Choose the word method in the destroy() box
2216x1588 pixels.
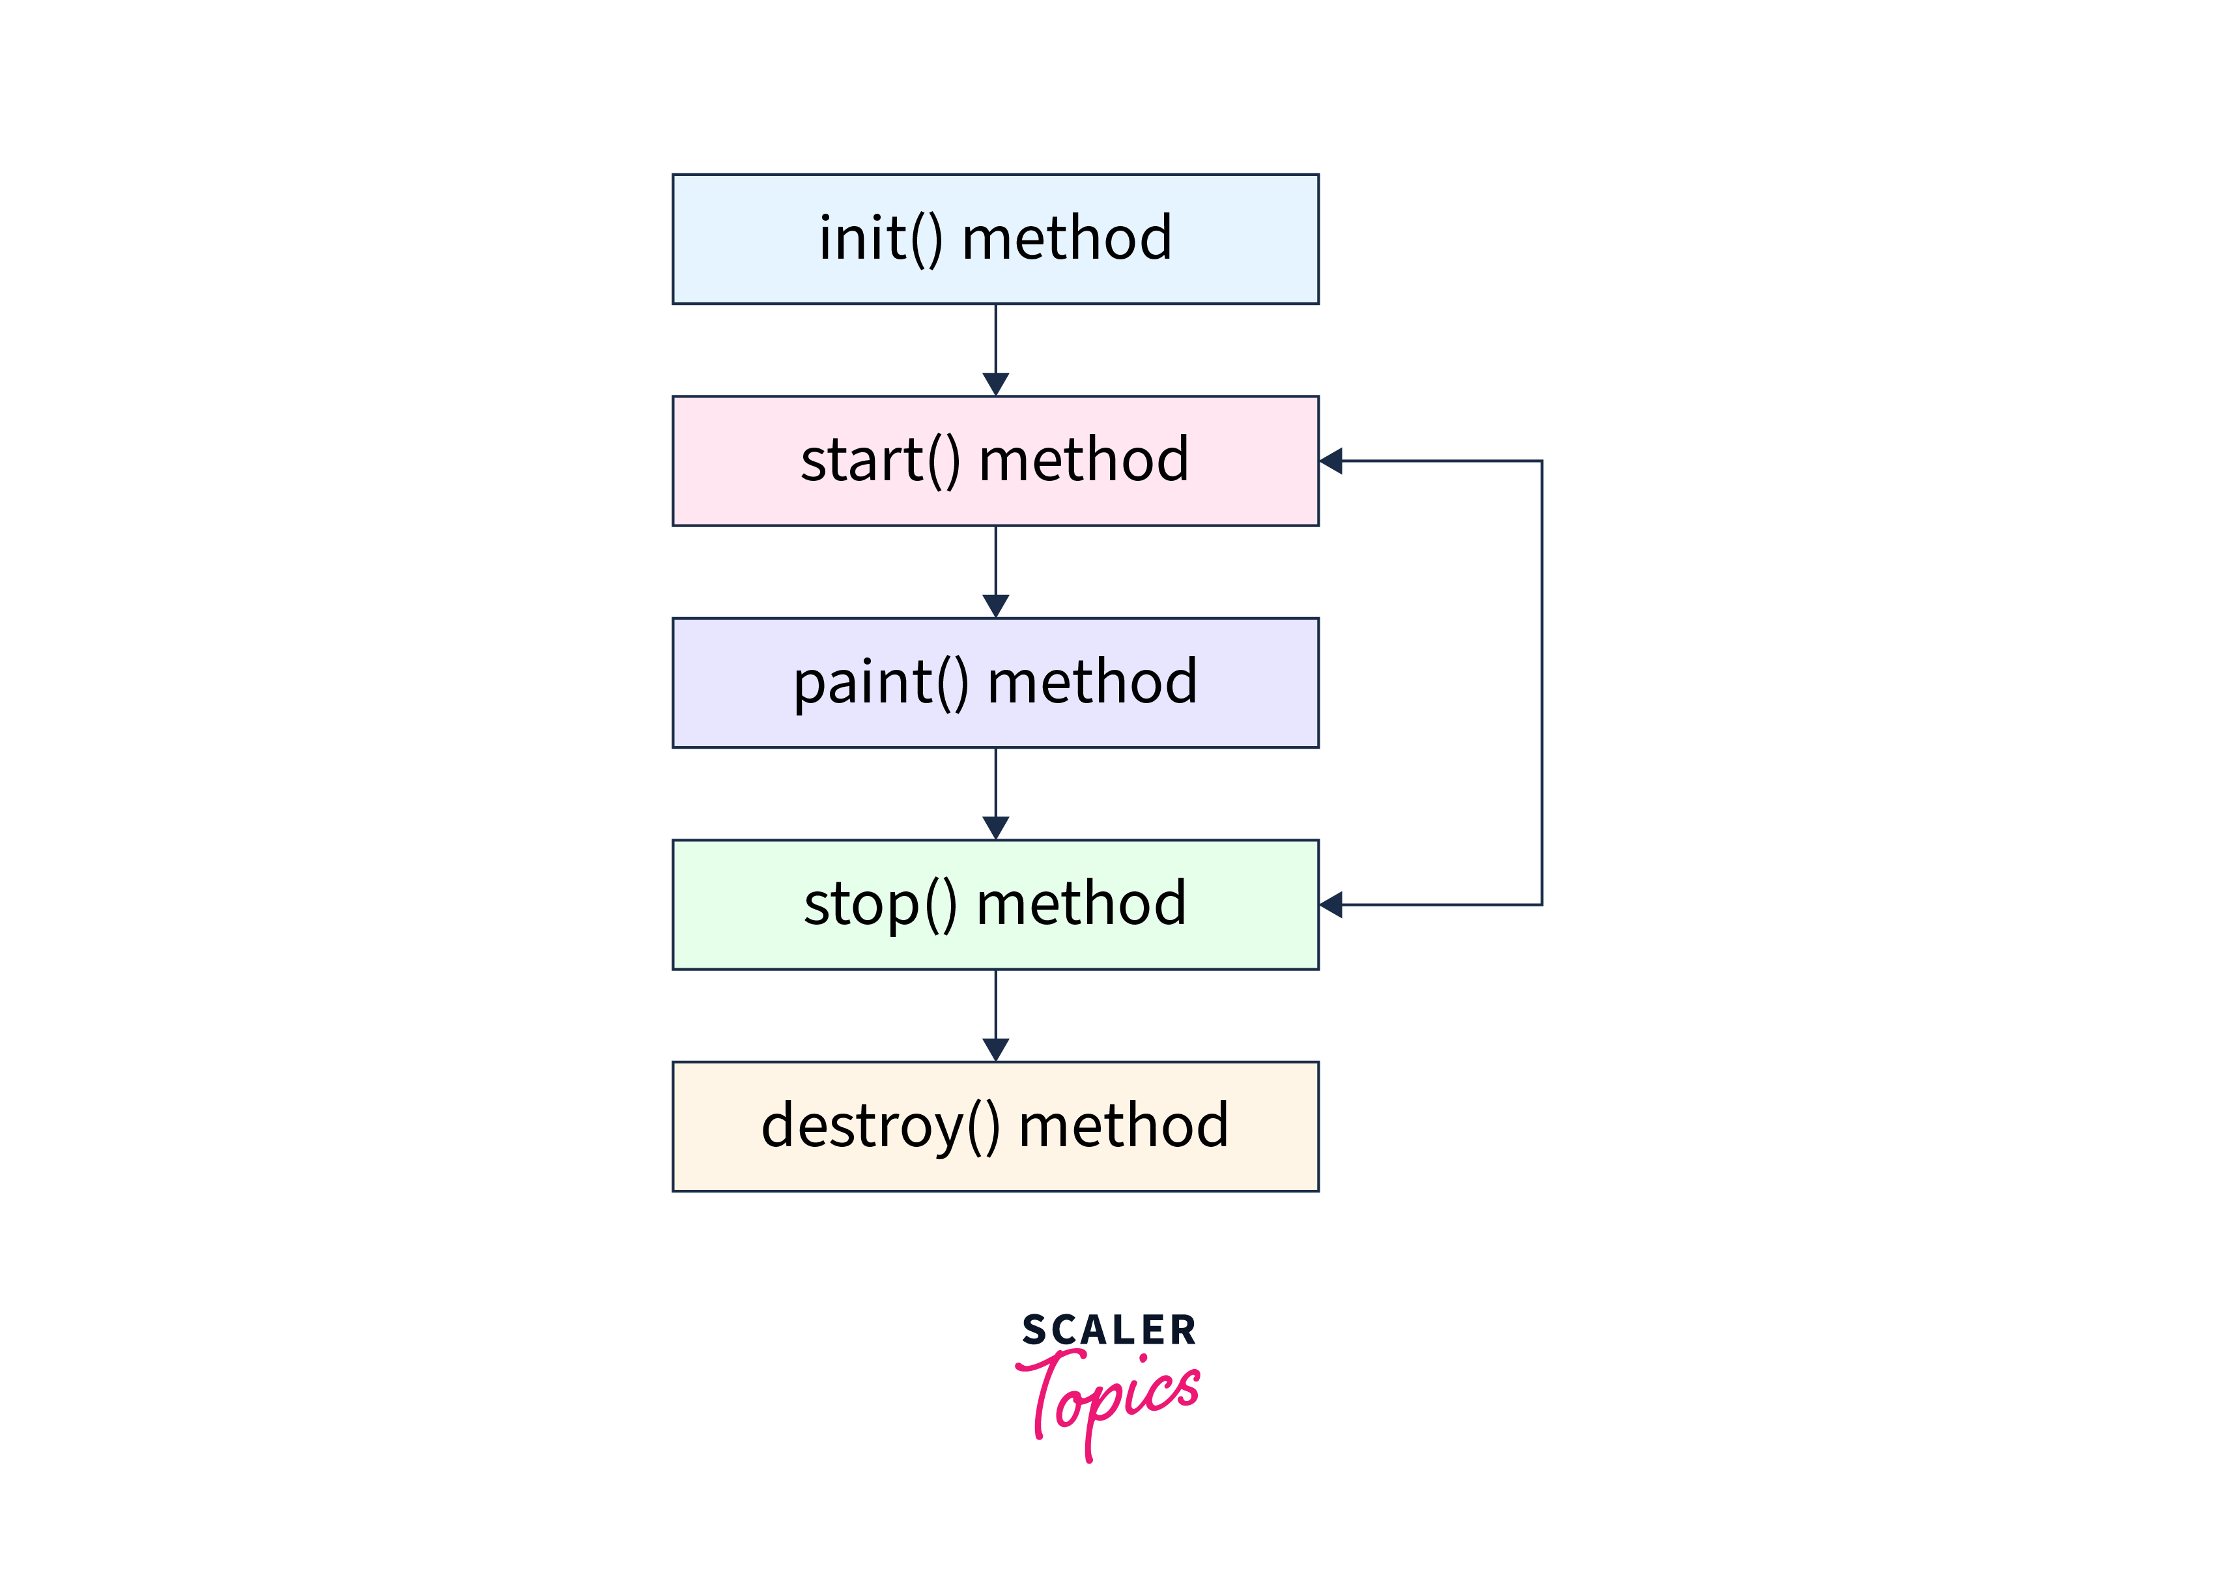[x=1124, y=1126]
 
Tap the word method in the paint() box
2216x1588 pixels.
[x=1092, y=682]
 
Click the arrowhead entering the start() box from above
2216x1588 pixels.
[x=995, y=384]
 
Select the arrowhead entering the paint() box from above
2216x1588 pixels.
[x=995, y=606]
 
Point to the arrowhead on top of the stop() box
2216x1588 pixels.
[x=995, y=828]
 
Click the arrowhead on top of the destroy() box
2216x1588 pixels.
[x=995, y=1050]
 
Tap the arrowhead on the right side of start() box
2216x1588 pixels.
[x=1331, y=461]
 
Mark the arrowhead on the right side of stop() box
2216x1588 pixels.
[x=1331, y=905]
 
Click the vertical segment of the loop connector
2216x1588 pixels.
[x=1542, y=683]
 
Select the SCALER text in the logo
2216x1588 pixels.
[x=1109, y=1330]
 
